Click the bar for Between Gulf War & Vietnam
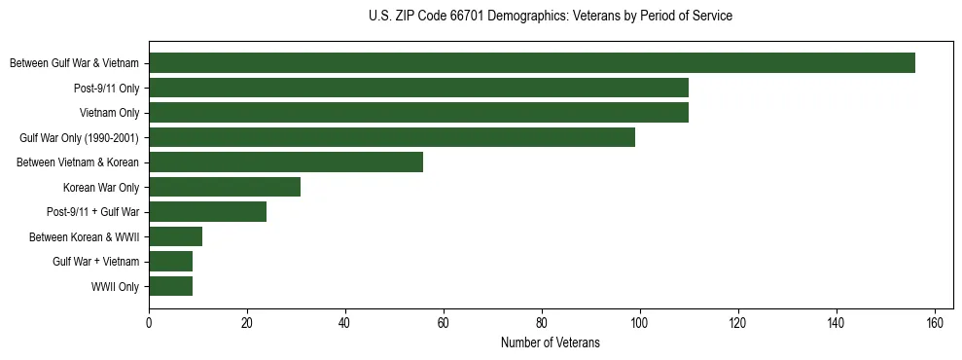point(532,63)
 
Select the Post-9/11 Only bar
point(418,88)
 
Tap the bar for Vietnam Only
point(418,113)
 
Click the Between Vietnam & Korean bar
point(286,162)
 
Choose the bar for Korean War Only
point(225,187)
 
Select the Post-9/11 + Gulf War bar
point(207,212)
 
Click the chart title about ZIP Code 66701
point(551,17)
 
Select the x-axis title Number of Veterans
point(551,343)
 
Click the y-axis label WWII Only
point(115,287)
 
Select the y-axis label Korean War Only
point(101,188)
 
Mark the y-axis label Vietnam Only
point(109,113)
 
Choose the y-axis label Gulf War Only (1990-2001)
point(79,138)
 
